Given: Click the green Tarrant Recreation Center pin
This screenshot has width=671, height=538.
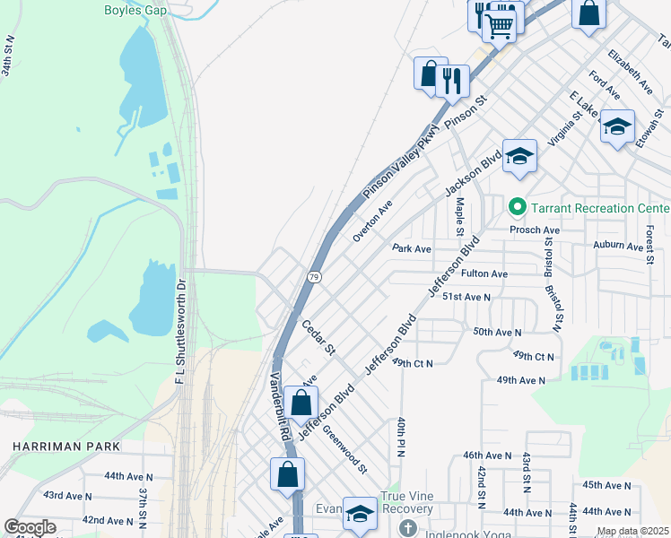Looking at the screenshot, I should click(517, 208).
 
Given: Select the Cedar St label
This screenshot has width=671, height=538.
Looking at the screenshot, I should click(318, 336).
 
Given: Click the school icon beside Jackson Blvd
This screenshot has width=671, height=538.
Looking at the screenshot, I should click(519, 157).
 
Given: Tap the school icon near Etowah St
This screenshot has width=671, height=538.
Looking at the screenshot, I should click(617, 126).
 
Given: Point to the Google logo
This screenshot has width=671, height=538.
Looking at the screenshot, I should click(30, 527).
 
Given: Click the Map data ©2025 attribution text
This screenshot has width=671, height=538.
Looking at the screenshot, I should click(632, 531).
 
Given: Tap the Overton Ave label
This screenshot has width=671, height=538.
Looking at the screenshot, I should click(373, 221).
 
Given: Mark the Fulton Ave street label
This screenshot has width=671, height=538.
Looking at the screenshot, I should click(484, 273).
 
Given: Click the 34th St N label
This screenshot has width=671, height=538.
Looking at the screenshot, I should click(8, 56).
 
